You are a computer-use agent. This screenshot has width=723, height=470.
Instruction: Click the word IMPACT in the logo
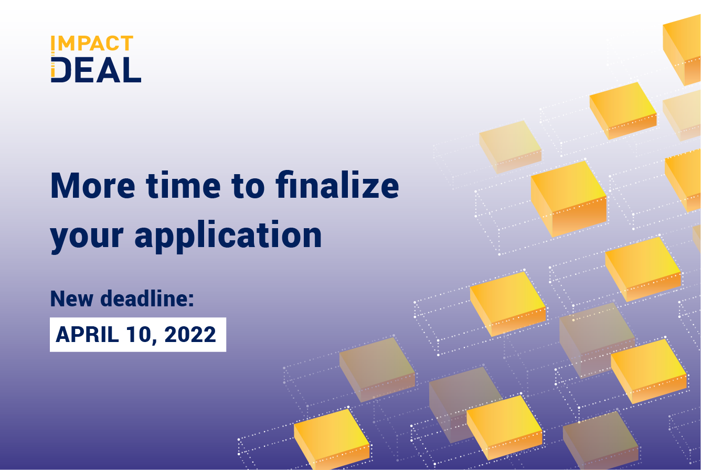coord(92,44)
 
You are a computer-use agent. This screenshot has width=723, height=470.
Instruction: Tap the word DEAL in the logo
coord(97,70)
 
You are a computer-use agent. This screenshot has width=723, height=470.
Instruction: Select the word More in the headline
coord(92,186)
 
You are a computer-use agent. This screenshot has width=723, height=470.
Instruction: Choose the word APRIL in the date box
coord(87,335)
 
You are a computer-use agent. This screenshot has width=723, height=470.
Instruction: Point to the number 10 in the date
coord(139,335)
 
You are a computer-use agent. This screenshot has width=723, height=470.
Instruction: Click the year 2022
coord(190,335)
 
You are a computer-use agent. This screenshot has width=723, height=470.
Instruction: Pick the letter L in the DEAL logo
coord(132,70)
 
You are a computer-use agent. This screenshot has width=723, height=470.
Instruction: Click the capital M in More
coord(66,186)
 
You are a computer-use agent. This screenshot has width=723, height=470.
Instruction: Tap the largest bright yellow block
coord(568,197)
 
